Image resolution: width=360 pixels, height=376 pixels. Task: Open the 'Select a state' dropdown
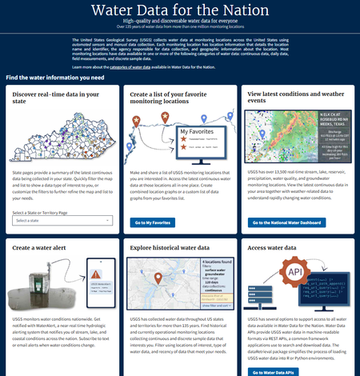point(62,220)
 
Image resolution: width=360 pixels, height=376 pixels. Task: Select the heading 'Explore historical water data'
point(167,249)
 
